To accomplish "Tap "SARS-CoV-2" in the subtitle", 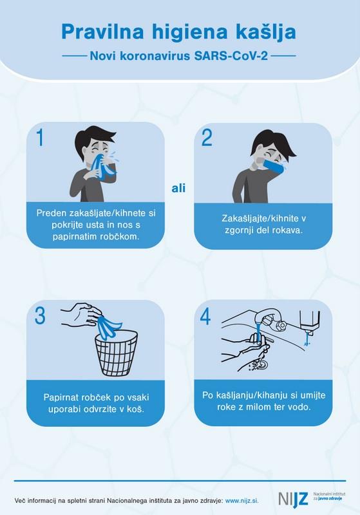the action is [231, 56].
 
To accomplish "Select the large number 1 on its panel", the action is [40, 137].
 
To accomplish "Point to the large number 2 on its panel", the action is [207, 138].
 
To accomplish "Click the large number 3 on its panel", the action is [40, 315].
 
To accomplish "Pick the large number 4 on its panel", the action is [205, 316].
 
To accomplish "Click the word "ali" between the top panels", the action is [178, 188].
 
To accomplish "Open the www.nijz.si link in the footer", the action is [242, 501].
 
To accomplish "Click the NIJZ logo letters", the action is [293, 499].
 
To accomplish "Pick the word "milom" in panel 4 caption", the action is [265, 407].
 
